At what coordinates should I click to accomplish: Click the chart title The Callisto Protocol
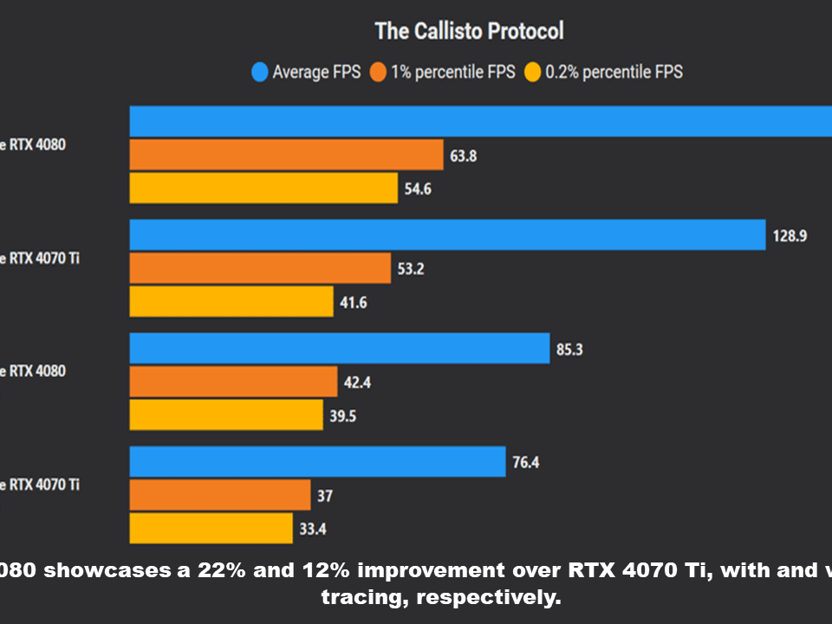tap(469, 31)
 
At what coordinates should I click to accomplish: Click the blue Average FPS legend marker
tap(259, 72)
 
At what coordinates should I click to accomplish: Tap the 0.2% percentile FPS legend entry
tap(603, 72)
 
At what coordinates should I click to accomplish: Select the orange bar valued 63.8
tap(286, 155)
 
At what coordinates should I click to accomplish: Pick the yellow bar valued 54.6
tap(263, 188)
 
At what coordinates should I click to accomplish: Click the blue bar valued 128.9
tap(447, 234)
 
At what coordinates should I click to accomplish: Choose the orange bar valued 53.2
tap(260, 268)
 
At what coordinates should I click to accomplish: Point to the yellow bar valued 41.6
tap(231, 302)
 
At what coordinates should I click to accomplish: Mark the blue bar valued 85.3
tap(340, 348)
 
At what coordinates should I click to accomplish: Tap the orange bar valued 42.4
tap(233, 381)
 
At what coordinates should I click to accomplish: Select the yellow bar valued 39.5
tap(226, 415)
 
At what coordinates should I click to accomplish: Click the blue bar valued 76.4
tap(317, 461)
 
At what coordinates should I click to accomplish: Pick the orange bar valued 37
tap(220, 495)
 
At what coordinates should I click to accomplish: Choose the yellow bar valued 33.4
tap(211, 528)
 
